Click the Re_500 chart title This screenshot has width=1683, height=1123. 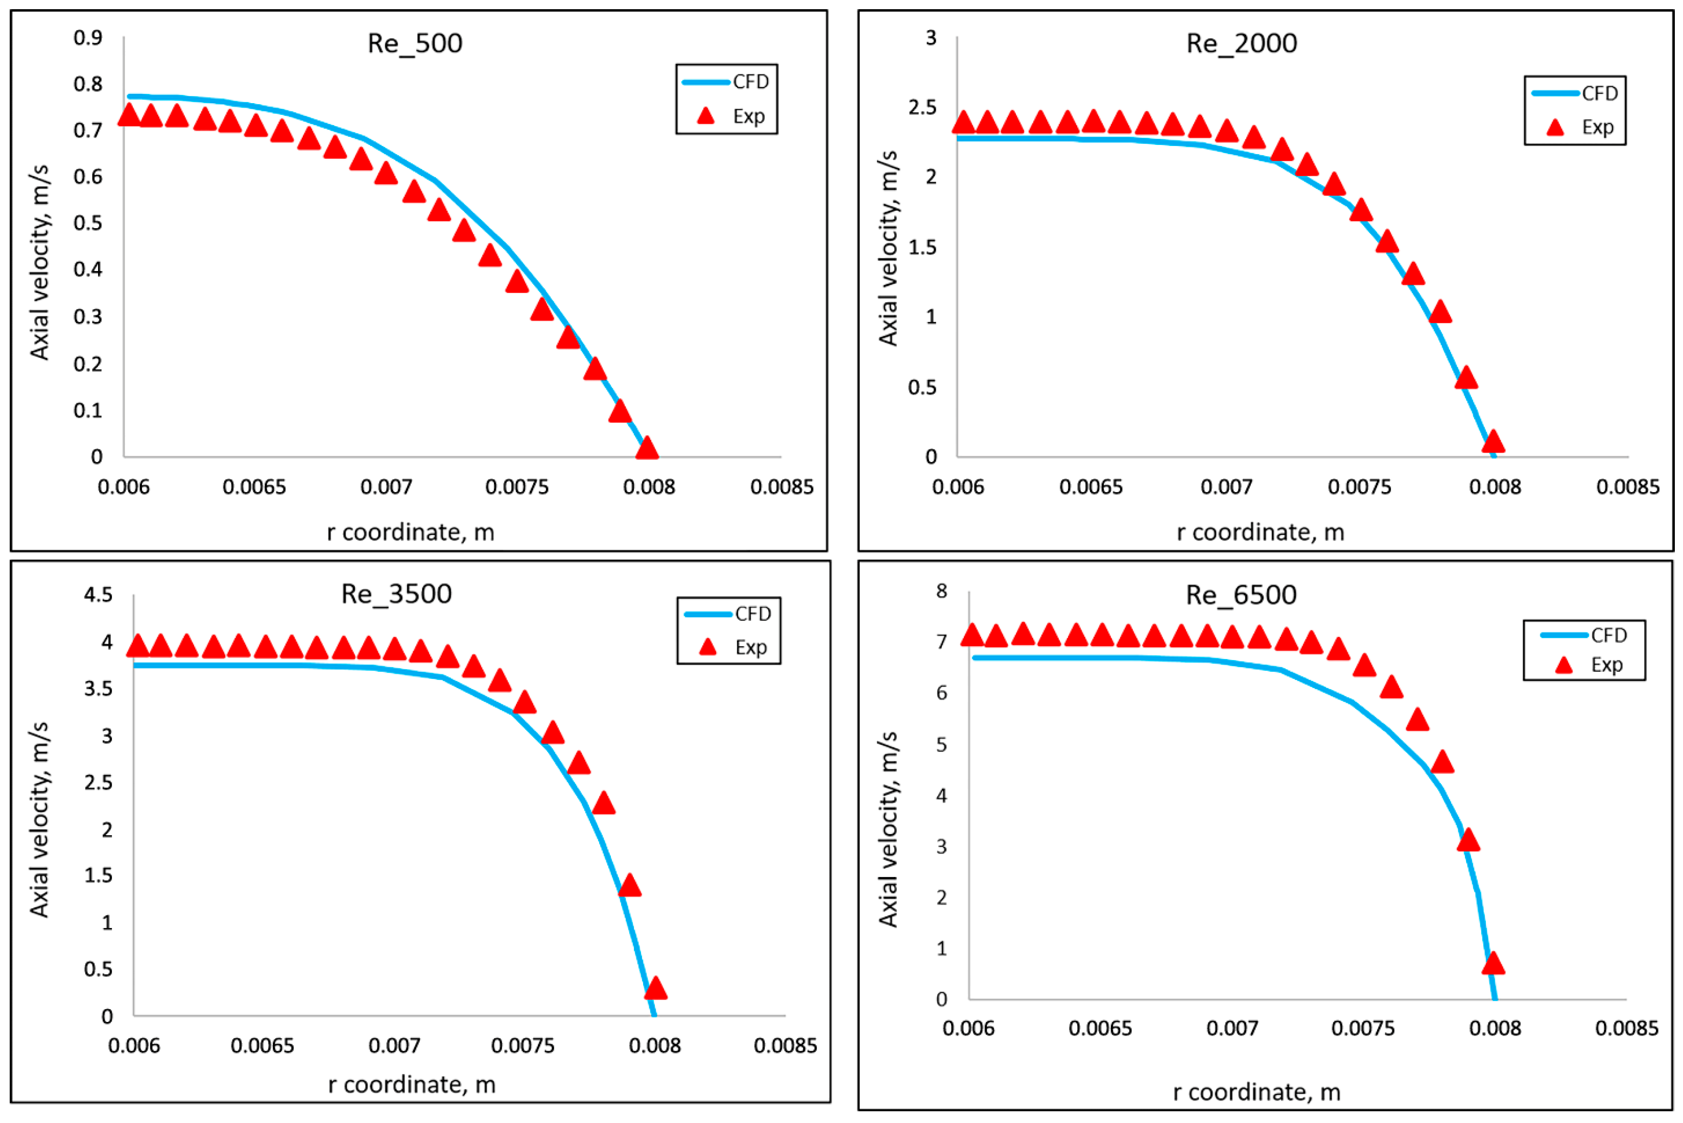pos(415,44)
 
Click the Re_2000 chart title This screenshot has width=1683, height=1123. pos(1241,44)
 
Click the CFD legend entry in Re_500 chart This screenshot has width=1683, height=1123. pos(725,82)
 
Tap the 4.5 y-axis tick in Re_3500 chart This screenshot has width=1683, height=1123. pos(98,595)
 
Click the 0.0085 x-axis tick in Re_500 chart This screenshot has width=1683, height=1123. pos(781,487)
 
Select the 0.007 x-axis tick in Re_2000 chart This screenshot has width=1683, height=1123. pos(1226,487)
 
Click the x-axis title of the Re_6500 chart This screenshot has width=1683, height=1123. pos(1256,1092)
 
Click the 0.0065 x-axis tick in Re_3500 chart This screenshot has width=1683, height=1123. pos(262,1045)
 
